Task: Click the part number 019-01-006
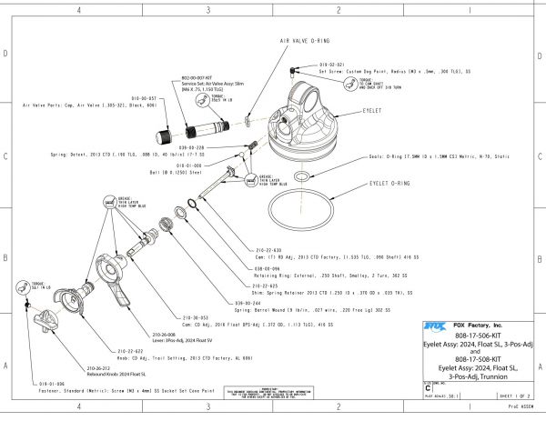37,385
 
